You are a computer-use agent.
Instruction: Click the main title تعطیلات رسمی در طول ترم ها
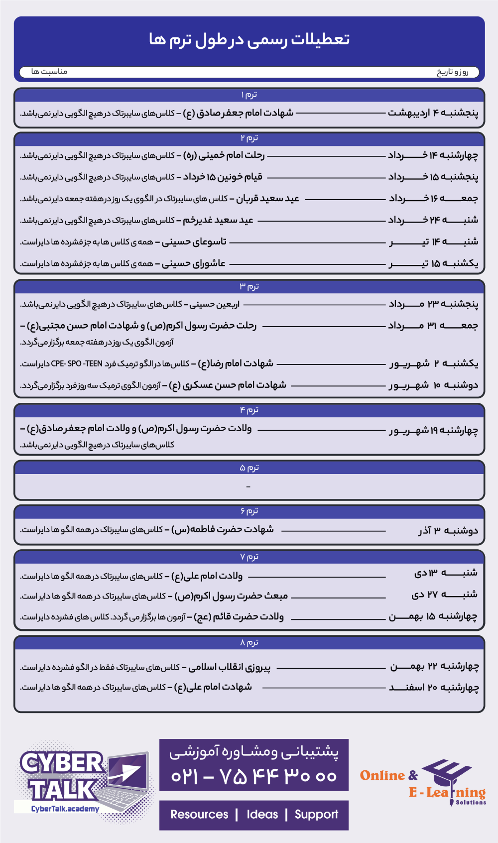(249, 39)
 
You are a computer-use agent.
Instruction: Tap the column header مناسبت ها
(49, 72)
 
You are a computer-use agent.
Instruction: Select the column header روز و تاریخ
(452, 72)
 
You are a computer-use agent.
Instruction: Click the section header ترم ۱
(249, 95)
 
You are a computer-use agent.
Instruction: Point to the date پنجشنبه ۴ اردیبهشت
(433, 113)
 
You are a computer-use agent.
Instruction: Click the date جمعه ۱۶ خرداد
(433, 199)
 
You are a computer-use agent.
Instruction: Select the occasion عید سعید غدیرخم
(218, 220)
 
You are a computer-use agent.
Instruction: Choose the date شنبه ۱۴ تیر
(433, 242)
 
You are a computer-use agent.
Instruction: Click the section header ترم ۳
(249, 286)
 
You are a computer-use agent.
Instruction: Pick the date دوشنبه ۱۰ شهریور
(433, 385)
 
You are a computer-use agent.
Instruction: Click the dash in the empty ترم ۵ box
(249, 486)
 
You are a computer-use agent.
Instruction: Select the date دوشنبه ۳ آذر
(448, 531)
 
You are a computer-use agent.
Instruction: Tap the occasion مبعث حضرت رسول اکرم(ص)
(231, 596)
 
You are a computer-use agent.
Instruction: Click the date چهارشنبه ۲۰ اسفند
(434, 688)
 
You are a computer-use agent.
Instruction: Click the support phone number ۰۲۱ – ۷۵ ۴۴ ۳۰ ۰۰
(254, 776)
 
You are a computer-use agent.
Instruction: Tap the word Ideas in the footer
(262, 815)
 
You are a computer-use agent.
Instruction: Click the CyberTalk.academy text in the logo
(65, 809)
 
